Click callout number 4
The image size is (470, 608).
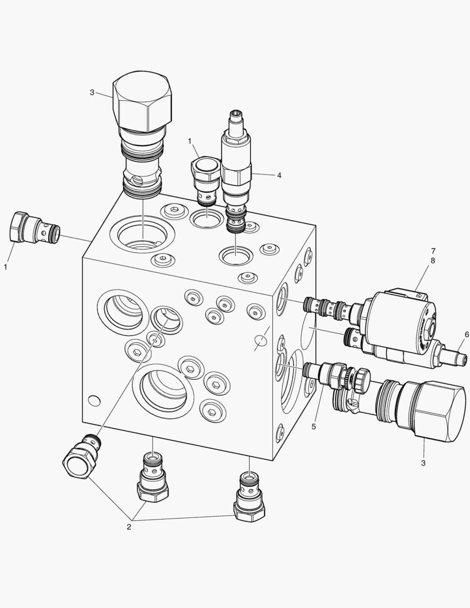[279, 175]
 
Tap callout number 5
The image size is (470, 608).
[314, 427]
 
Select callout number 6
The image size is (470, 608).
[467, 334]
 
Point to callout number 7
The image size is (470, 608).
[433, 251]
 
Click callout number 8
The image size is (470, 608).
[433, 261]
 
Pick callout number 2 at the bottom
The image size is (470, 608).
[129, 527]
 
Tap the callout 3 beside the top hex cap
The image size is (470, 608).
[92, 93]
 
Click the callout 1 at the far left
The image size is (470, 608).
[6, 267]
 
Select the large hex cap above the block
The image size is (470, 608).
[142, 101]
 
